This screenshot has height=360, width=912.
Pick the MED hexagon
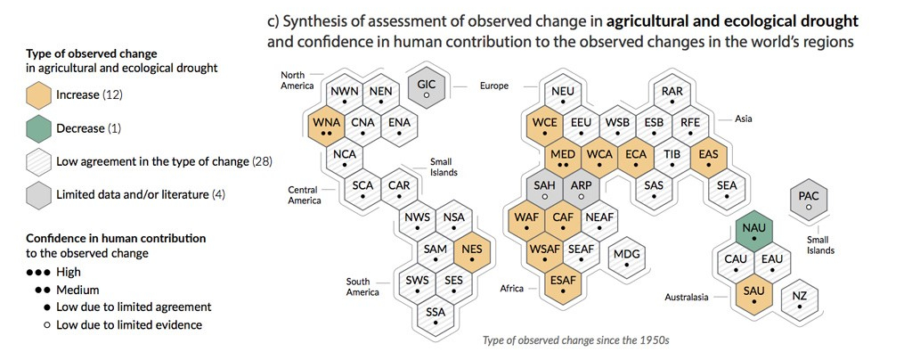pos(563,158)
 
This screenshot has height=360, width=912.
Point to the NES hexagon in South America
pos(471,253)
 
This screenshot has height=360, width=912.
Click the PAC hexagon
pos(808,200)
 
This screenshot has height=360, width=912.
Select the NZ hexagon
pos(799,299)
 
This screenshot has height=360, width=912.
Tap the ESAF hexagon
pos(563,283)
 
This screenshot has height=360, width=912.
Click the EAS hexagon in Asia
pos(709,158)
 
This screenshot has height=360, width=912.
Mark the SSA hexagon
pos(435,316)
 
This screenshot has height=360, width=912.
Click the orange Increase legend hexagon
pos(39,94)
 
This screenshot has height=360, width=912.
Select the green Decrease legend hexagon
pos(39,128)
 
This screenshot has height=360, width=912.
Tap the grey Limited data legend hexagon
pos(39,194)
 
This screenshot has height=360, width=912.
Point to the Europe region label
pos(493,86)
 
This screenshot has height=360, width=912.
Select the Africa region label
pos(512,289)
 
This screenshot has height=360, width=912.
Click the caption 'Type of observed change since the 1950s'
pos(575,340)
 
